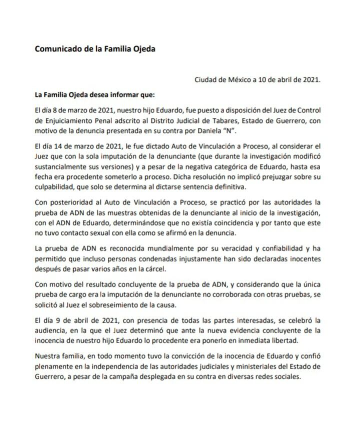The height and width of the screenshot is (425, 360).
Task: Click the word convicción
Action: [x=172, y=356]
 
